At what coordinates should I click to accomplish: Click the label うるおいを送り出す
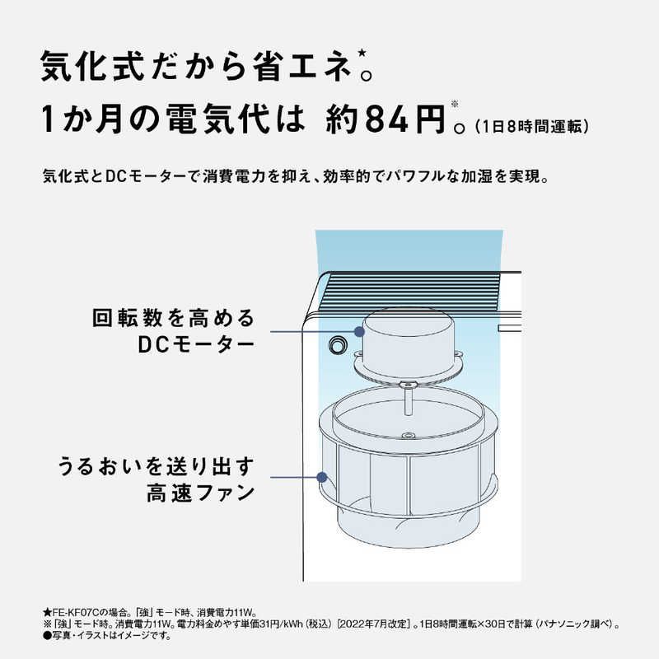(x=156, y=465)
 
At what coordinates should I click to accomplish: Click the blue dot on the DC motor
(x=359, y=331)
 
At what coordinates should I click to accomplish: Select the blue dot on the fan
(x=323, y=477)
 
